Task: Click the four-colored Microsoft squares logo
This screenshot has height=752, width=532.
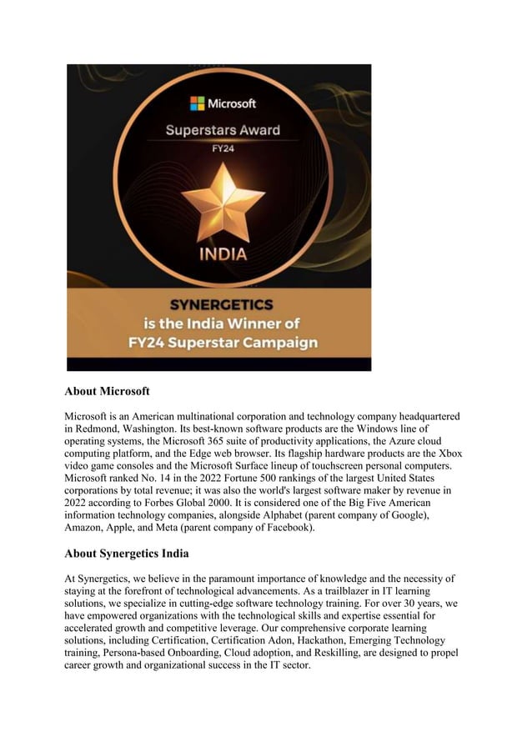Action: tap(198, 103)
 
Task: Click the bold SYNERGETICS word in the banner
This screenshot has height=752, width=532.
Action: tap(221, 305)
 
